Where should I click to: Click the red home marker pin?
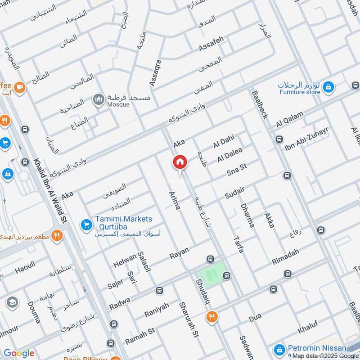180,162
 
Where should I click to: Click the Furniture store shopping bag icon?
329,86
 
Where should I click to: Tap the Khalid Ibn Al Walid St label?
50,191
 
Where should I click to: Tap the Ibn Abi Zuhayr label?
307,139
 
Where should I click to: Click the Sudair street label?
234,193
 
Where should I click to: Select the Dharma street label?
248,215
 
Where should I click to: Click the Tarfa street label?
238,243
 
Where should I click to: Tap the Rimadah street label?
285,257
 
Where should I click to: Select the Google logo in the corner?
18,353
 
